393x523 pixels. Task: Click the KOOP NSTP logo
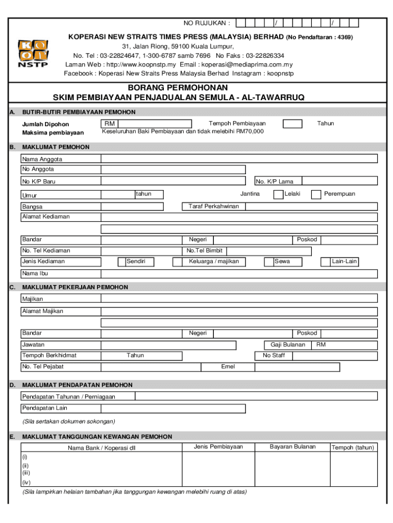[33, 54]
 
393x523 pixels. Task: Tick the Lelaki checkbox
[278, 194]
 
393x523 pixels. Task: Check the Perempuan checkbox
[316, 194]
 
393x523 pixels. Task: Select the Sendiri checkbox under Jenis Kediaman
[121, 262]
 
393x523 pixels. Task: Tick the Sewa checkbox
[269, 262]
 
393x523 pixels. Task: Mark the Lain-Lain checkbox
[325, 262]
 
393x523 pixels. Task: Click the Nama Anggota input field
[239, 159]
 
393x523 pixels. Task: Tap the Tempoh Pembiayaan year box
[292, 124]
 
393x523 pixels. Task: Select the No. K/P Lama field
[339, 181]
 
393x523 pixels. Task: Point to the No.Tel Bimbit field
[268, 251]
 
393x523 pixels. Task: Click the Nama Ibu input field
[239, 274]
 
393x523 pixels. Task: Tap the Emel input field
[309, 367]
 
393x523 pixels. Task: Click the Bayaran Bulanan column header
[292, 447]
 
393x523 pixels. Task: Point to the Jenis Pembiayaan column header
[218, 447]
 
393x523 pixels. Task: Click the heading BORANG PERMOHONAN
[179, 88]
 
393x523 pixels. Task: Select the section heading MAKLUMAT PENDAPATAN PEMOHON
[78, 385]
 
